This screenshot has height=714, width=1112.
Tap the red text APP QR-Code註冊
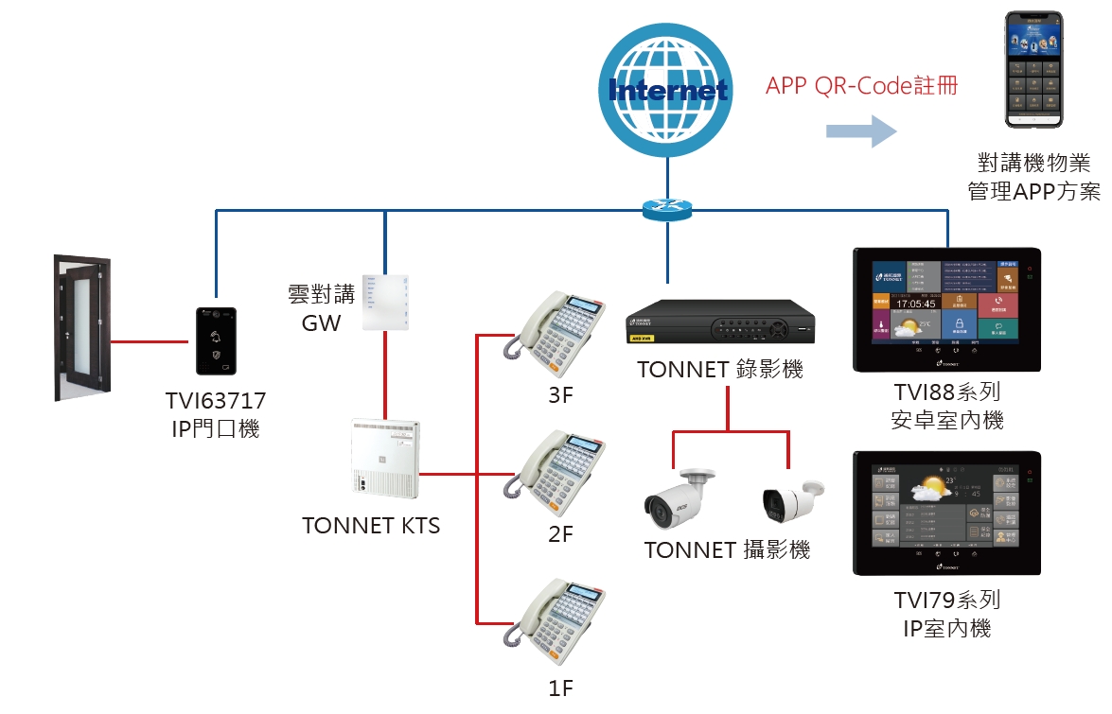click(x=861, y=86)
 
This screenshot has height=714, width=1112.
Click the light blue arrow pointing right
click(x=860, y=131)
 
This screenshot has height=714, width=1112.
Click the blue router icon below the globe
click(x=668, y=209)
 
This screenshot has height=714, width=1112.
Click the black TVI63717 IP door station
click(x=217, y=341)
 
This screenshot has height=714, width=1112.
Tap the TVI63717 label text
click(x=216, y=401)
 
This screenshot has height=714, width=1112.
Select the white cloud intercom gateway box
click(x=386, y=302)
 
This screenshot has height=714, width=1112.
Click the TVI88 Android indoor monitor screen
click(x=946, y=309)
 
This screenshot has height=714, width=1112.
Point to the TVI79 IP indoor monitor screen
click(x=946, y=513)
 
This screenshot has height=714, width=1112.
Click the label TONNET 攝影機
click(x=727, y=549)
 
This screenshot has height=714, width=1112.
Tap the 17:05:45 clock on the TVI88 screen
click(x=904, y=305)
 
